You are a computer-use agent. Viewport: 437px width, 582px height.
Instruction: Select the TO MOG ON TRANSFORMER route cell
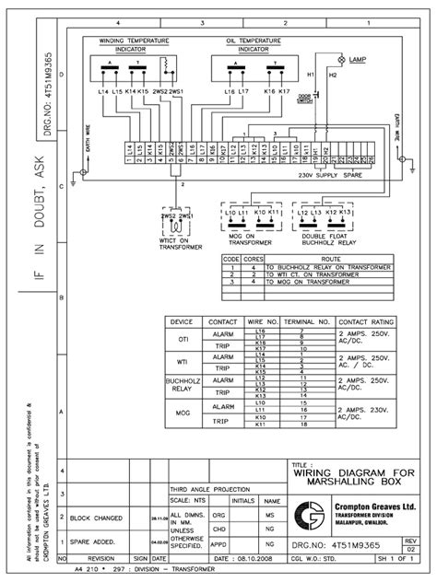click(296, 280)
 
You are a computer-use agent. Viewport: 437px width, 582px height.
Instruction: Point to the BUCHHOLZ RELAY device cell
click(183, 383)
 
